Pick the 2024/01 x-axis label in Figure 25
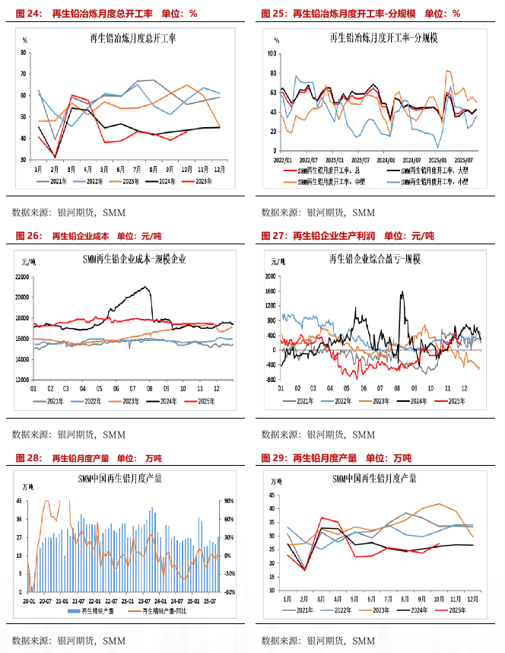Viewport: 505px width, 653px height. point(386,161)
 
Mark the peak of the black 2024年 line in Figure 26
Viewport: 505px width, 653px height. point(145,287)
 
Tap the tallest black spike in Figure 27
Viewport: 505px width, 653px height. point(402,291)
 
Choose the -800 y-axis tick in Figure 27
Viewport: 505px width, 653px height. point(268,378)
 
